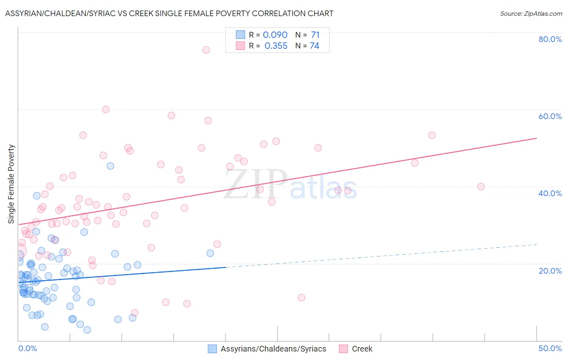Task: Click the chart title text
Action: click(169, 13)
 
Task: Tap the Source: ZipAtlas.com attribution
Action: click(531, 14)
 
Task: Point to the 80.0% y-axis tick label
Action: click(550, 39)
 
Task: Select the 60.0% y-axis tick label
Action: click(550, 116)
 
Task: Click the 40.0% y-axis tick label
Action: click(550, 193)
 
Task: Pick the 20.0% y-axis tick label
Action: click(550, 271)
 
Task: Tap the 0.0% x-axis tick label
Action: click(27, 348)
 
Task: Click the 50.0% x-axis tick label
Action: click(550, 348)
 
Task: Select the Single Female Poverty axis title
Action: click(11, 184)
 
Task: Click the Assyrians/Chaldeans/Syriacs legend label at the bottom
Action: click(273, 349)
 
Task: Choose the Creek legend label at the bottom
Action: click(362, 349)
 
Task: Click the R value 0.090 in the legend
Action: click(275, 35)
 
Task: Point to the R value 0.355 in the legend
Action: click(276, 46)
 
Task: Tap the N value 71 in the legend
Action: click(315, 35)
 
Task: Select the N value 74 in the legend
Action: click(315, 46)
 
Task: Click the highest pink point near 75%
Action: click(206, 50)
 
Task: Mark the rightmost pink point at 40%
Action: click(481, 186)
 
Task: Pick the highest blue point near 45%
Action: click(110, 166)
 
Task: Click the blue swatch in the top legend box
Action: click(240, 35)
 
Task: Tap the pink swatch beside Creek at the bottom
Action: click(343, 349)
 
